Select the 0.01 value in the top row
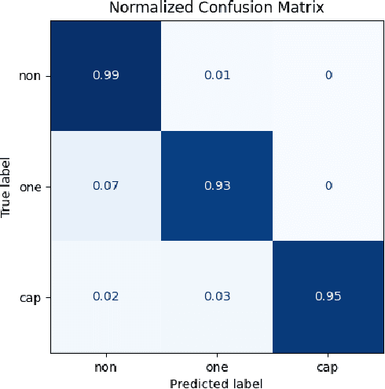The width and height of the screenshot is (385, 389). (x=217, y=75)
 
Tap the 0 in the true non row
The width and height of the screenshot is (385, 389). (x=328, y=75)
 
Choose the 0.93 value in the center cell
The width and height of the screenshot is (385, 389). (x=217, y=186)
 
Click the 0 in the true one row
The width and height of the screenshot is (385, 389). (x=328, y=186)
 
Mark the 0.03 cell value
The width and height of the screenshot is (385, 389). (x=217, y=296)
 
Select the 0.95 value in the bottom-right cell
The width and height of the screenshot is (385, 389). (x=328, y=296)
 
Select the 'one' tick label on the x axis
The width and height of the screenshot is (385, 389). (x=217, y=367)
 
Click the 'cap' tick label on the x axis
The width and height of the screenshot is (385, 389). (x=328, y=367)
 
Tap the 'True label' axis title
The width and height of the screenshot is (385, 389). (x=7, y=186)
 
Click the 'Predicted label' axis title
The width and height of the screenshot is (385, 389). (x=217, y=382)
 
